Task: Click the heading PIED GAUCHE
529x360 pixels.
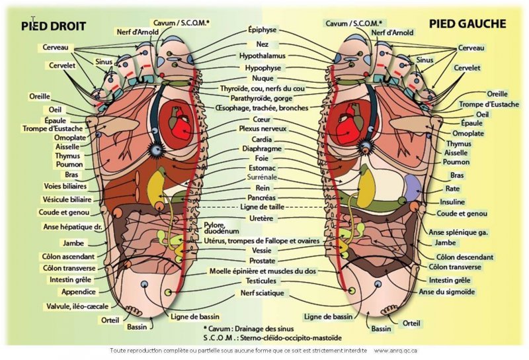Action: point(468,24)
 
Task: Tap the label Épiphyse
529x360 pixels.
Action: point(263,30)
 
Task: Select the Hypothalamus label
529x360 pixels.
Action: point(263,56)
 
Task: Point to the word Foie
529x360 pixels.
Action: point(262,158)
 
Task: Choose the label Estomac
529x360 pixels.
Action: point(263,168)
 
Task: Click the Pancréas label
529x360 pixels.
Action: point(263,198)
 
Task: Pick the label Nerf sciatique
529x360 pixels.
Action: point(262,292)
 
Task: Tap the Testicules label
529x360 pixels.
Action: point(262,281)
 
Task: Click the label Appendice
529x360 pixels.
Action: point(79,291)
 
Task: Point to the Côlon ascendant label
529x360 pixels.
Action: point(68,256)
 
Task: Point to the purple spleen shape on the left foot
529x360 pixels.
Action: point(411,188)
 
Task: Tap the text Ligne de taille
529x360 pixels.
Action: point(263,208)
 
